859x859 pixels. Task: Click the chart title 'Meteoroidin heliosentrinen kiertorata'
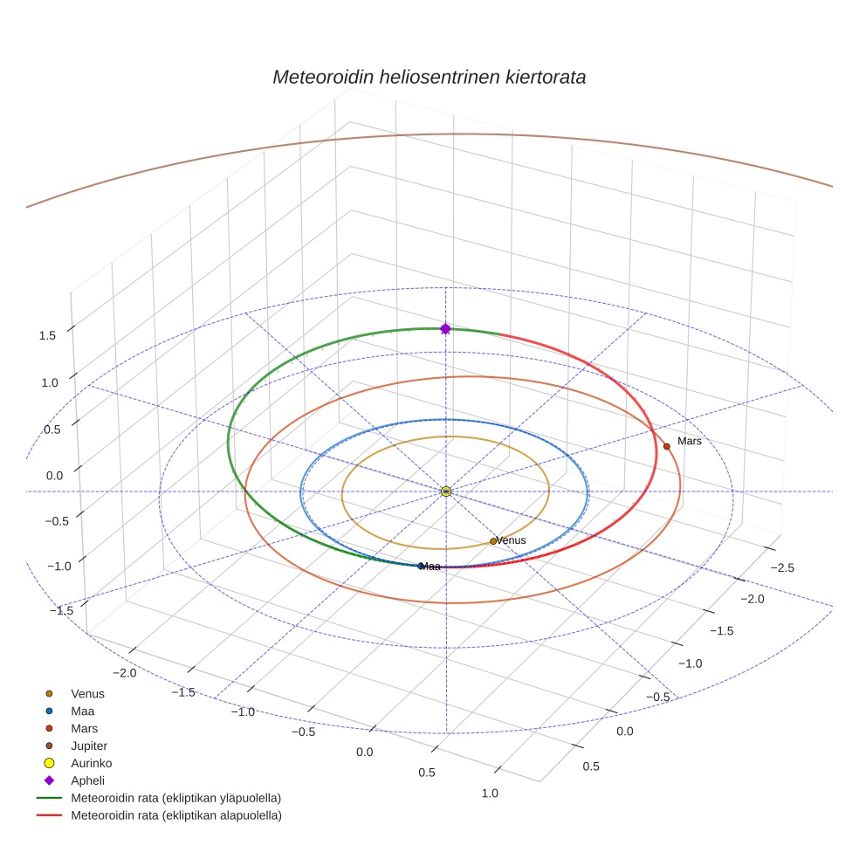(x=429, y=77)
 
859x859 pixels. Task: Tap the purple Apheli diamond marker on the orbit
(x=445, y=329)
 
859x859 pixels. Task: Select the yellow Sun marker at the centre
(x=446, y=491)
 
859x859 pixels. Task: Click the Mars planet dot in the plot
(x=667, y=446)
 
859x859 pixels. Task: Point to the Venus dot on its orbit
(x=493, y=541)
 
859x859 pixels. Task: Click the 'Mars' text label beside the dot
(x=690, y=442)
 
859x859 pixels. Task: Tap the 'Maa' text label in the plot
(x=430, y=567)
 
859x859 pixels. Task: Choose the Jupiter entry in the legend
(x=89, y=746)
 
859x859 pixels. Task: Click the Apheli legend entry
(x=87, y=780)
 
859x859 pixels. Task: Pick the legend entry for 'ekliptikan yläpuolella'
(x=175, y=798)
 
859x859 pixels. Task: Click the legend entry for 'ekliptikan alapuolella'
(x=175, y=815)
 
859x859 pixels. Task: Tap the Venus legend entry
(x=87, y=694)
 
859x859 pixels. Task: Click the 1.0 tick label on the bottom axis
(x=490, y=794)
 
